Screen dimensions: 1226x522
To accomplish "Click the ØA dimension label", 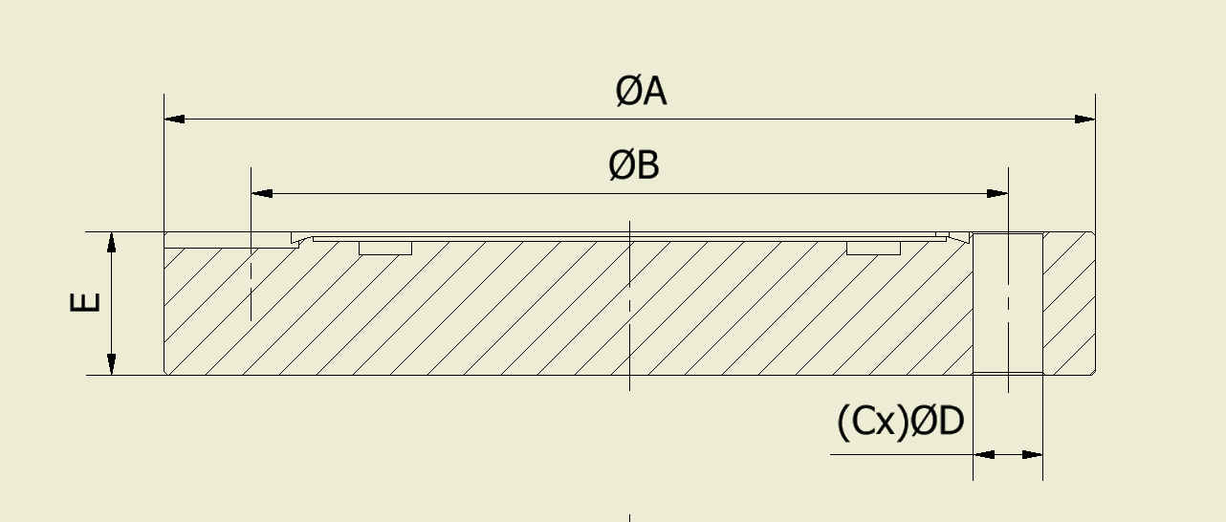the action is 641,91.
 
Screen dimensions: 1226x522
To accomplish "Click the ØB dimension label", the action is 634,165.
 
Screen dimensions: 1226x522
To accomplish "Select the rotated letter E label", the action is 85,302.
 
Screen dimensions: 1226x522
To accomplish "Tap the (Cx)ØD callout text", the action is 900,422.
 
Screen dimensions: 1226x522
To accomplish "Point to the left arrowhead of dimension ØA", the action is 175,119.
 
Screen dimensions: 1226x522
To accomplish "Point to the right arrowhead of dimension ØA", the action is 1084,119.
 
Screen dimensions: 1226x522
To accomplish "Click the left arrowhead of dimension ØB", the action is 262,193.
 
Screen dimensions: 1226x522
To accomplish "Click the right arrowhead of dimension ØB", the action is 997,193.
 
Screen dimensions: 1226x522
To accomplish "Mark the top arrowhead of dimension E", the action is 112,243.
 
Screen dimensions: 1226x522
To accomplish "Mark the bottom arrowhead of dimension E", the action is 112,364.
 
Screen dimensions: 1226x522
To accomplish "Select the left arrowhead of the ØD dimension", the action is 983,455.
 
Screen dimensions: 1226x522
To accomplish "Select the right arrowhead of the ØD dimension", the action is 1032,455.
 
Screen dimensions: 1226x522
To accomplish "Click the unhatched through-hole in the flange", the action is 1008,303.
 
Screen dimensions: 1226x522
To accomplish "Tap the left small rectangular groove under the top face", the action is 385,248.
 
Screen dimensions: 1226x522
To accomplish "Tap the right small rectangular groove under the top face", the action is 873,248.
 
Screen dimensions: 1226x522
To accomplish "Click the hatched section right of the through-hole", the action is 1069,304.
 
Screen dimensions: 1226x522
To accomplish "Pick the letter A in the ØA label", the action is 654,92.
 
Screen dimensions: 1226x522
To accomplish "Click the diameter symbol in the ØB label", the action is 622,165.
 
